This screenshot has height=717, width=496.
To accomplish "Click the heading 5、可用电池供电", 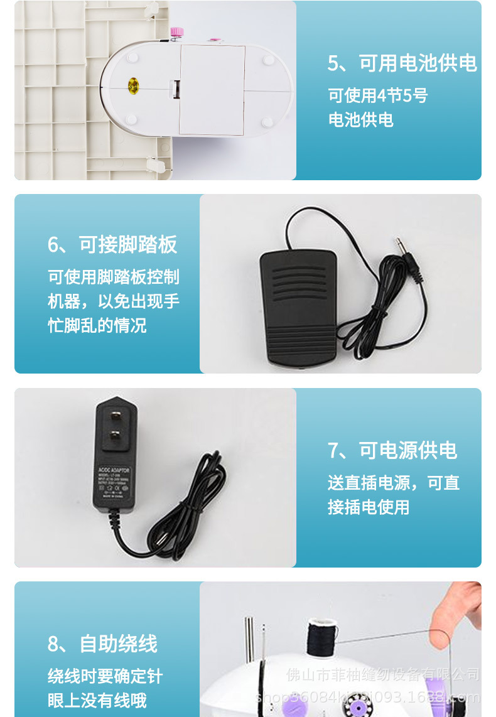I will [402, 63].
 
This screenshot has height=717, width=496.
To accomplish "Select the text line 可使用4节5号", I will [377, 95].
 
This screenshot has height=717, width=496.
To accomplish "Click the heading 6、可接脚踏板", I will [112, 245].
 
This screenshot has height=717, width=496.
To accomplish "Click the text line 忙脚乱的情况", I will [97, 326].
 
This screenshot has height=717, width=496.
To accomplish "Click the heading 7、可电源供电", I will [392, 450].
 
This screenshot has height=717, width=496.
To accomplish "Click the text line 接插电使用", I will [369, 507].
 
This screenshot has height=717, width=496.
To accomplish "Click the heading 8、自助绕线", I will [102, 644].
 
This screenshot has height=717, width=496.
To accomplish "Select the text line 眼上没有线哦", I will [97, 699].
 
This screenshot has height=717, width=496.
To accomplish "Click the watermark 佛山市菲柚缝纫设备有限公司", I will [382, 674].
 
